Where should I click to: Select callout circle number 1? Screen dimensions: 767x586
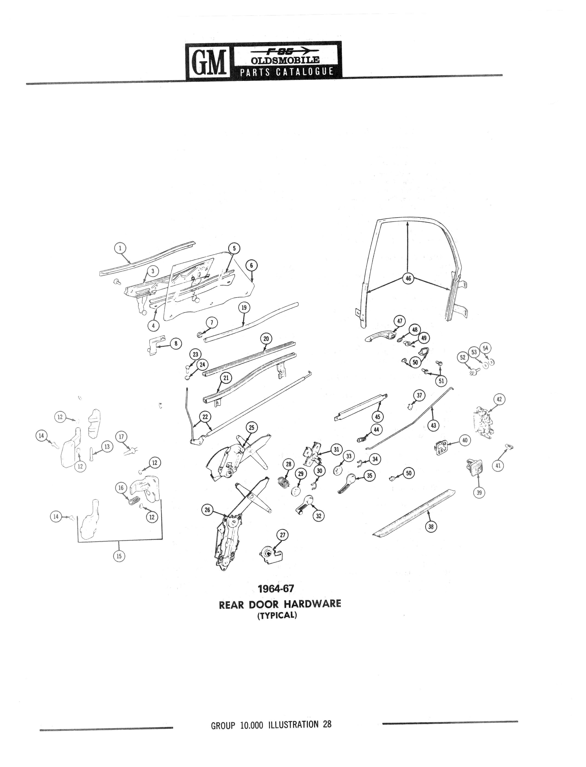120,248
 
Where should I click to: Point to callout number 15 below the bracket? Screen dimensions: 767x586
119,556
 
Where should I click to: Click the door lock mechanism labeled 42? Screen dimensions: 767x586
483,422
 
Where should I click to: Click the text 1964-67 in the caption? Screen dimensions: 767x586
276,589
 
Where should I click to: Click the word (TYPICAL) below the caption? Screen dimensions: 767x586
277,615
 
